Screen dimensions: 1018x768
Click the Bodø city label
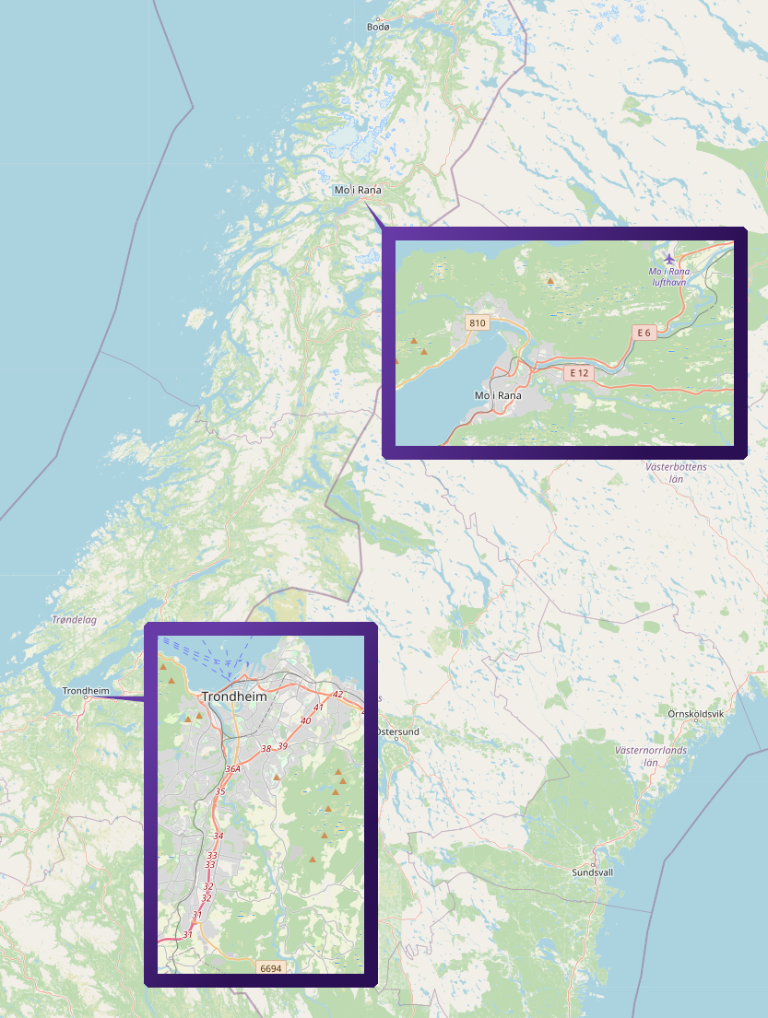[x=379, y=27]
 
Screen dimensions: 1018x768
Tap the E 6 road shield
[x=644, y=333]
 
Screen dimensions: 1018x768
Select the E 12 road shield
[x=578, y=372]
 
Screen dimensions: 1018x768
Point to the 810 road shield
[x=477, y=322]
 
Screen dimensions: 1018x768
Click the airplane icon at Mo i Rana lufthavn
[x=669, y=257]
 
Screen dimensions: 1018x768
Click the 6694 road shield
[x=270, y=968]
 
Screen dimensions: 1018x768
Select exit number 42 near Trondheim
[x=337, y=694]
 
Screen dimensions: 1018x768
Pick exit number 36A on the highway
[x=232, y=768]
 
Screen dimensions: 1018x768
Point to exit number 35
[x=220, y=791]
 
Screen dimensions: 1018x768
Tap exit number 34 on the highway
[x=218, y=836]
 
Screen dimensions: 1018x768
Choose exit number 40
[x=306, y=720]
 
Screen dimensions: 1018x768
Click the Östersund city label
[x=398, y=731]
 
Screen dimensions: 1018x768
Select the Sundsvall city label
[x=592, y=872]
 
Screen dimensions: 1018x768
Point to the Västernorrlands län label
[x=651, y=756]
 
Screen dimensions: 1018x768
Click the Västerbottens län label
[x=676, y=473]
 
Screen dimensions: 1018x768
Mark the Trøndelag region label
[x=75, y=620]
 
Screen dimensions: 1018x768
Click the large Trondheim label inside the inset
[x=233, y=696]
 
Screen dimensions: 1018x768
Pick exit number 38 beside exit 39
[x=266, y=748]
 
